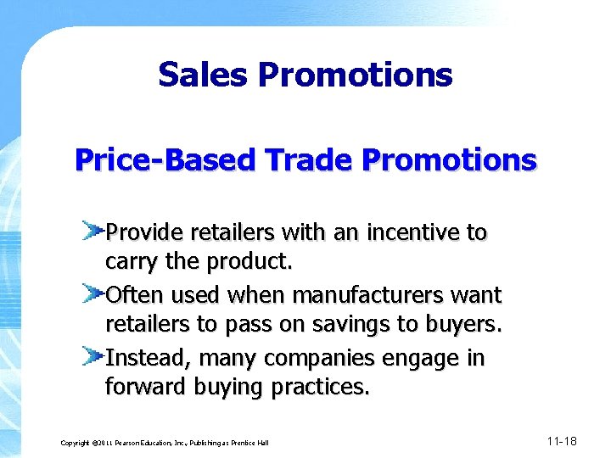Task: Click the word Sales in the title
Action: click(203, 75)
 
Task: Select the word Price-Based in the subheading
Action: click(160, 159)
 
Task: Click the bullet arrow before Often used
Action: click(93, 293)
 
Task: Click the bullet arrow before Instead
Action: click(93, 355)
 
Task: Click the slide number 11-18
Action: click(562, 441)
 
